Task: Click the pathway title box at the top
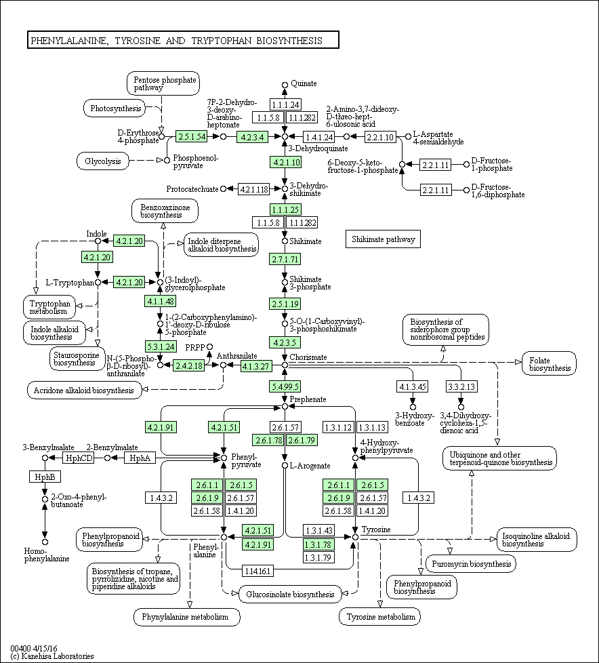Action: [183, 40]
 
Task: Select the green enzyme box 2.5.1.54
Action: [192, 136]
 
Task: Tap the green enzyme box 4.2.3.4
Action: [252, 136]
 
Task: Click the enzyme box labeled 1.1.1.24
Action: [285, 104]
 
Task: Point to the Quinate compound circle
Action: [285, 85]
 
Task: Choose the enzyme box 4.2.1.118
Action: [253, 189]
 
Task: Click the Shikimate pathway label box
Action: [383, 239]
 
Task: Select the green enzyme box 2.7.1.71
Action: [285, 259]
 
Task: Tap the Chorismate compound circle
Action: [285, 365]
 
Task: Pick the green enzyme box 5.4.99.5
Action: [285, 386]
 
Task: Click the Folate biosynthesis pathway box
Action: [550, 363]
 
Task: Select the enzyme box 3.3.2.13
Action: [461, 386]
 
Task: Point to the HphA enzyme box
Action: [140, 458]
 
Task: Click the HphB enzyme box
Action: [45, 477]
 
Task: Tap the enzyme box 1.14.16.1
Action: [257, 571]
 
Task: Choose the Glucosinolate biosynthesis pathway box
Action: [290, 594]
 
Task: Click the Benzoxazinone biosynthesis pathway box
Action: [165, 211]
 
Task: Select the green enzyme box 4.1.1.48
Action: [160, 301]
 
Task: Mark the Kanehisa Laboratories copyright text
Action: [52, 656]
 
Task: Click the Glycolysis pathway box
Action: [103, 161]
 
